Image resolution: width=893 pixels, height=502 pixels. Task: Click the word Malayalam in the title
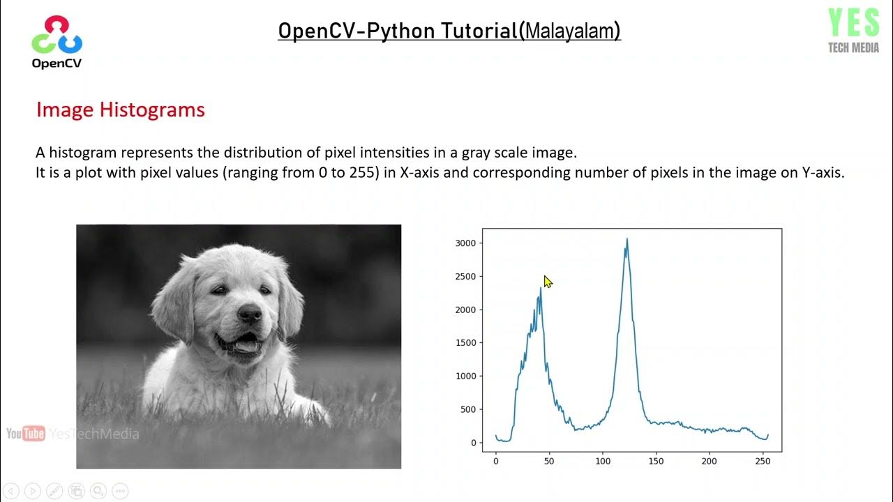pos(571,31)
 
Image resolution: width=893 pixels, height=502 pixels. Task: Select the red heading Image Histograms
pos(120,110)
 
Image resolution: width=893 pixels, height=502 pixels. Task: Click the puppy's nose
pos(249,314)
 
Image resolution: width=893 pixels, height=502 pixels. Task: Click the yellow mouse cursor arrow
pos(548,282)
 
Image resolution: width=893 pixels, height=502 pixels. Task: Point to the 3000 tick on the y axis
pos(465,243)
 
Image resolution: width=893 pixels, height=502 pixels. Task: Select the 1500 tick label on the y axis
pos(465,343)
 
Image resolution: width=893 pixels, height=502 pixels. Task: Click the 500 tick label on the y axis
pos(467,409)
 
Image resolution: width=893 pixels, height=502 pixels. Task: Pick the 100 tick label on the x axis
pos(603,461)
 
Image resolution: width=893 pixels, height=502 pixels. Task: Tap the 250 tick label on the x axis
pos(763,461)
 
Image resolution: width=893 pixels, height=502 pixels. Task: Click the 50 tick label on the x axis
pos(549,461)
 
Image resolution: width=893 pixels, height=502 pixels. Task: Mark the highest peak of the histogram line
pos(626,239)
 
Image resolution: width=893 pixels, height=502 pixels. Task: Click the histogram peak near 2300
pos(540,289)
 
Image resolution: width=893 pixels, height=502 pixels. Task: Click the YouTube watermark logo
pos(26,434)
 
